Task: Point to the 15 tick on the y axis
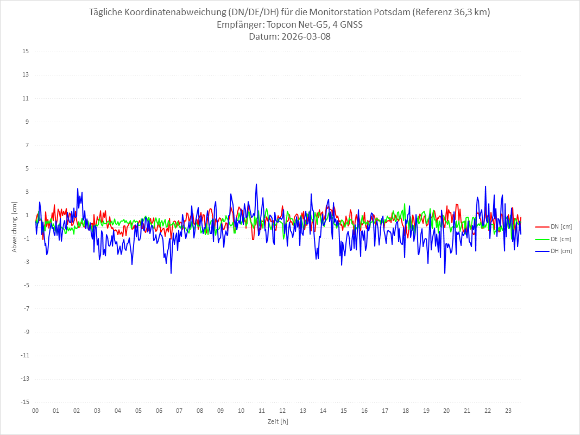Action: (26, 52)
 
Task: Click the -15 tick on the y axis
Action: (24, 402)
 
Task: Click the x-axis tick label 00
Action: (35, 411)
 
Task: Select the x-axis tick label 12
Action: (282, 411)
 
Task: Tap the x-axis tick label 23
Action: (508, 411)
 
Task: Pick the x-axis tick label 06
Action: (159, 411)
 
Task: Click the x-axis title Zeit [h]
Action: (278, 421)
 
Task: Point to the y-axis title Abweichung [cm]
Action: (15, 226)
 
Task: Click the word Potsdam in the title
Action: (392, 12)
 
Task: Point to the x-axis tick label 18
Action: (406, 411)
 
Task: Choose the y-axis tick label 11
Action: (26, 98)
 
